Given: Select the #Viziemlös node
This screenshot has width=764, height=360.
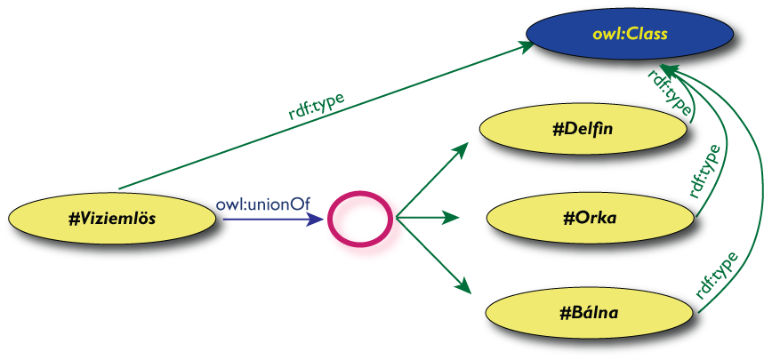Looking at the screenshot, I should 112,218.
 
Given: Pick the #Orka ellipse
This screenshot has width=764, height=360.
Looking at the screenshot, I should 591,219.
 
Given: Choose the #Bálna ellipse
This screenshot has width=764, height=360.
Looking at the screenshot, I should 591,312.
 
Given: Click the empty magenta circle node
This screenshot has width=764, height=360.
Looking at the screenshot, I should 359,219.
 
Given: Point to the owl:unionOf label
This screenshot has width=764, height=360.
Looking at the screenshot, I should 262,204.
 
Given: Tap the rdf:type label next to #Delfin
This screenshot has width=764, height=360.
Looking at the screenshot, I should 670,92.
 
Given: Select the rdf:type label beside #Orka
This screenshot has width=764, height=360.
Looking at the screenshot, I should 705,171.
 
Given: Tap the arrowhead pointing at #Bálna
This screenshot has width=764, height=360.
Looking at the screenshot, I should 462,286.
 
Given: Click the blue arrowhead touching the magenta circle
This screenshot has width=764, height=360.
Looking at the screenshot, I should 318,219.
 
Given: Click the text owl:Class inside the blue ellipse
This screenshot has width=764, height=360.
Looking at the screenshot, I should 629,36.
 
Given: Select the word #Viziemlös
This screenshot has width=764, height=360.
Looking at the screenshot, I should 112,218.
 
